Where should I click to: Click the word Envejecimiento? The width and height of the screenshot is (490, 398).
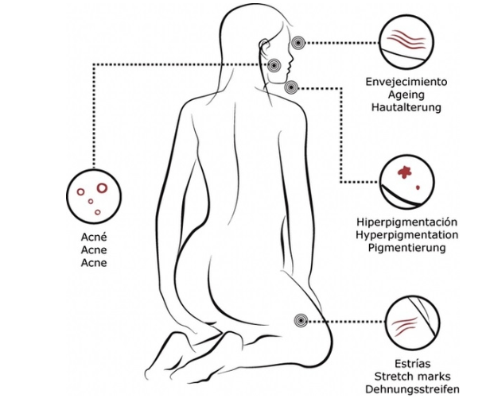tap(406, 81)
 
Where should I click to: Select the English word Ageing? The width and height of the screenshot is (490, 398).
tap(406, 93)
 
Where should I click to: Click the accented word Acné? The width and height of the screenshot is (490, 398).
tap(94, 237)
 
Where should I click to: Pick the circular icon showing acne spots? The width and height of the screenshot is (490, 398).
tap(93, 195)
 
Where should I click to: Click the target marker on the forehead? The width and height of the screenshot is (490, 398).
tap(298, 42)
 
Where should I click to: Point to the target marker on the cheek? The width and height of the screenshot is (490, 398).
tap(274, 65)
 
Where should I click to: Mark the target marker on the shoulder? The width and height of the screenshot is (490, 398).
tap(290, 87)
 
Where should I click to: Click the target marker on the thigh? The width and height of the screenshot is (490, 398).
tap(301, 320)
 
